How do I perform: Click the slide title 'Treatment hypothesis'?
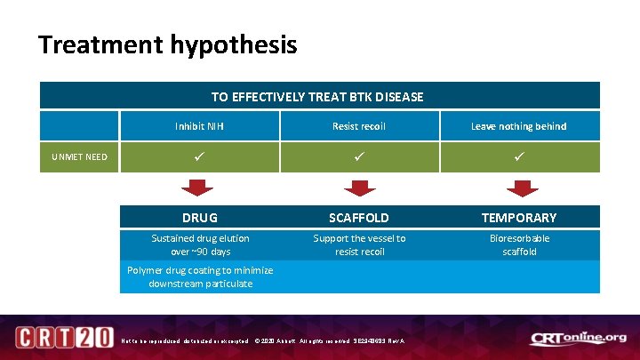168,44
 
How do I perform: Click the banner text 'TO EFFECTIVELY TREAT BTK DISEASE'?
317,96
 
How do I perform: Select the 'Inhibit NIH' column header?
199,126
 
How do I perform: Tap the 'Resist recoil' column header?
359,126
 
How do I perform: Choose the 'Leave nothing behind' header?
518,126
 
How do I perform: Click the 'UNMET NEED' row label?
79,157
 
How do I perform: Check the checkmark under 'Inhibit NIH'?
199,157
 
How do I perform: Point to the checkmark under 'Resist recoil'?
359,157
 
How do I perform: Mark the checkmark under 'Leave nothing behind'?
519,157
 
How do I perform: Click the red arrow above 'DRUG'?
198,187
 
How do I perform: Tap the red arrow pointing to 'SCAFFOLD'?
359,187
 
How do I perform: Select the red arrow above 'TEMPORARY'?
519,187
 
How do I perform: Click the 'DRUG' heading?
199,218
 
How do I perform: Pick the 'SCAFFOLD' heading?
359,218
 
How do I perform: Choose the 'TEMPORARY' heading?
519,218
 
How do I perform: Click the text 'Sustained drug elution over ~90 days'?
200,244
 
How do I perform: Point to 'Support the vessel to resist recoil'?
359,244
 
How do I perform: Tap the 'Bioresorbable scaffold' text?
519,244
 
